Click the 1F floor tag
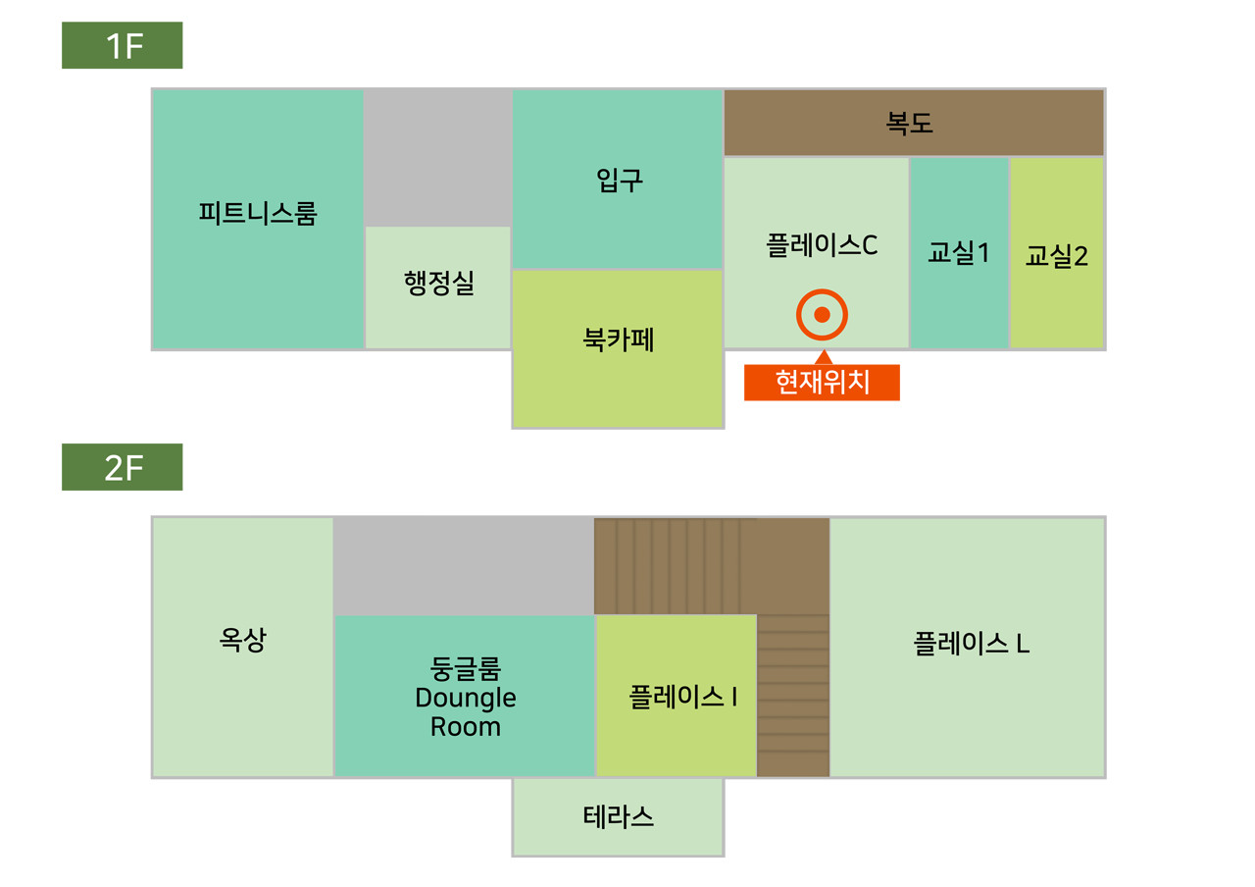125,47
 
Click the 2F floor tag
125,470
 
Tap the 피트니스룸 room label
258,213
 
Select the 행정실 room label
438,284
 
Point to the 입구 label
620,180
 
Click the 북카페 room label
618,339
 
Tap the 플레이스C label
822,245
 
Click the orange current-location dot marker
822,315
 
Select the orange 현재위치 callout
823,383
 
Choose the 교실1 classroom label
959,253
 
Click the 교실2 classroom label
1057,256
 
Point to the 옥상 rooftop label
242,640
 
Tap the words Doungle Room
466,713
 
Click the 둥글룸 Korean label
466,669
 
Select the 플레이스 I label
682,697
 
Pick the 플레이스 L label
971,644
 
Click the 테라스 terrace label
618,816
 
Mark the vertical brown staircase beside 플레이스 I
793,695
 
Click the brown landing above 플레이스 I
711,565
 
